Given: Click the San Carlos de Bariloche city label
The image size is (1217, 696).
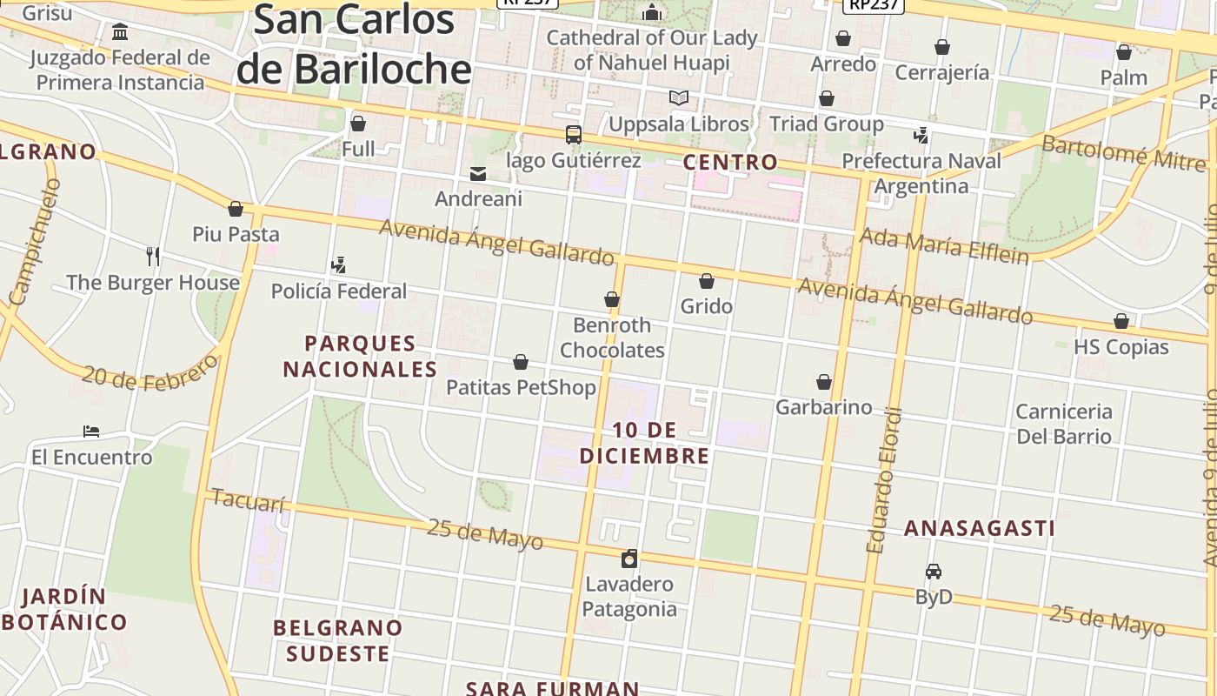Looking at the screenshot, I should [x=354, y=45].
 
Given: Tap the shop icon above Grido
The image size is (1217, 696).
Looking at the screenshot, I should [x=707, y=281].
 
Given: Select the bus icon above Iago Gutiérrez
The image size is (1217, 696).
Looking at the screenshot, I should [x=573, y=135].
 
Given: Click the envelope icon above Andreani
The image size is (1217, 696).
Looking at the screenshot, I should [x=478, y=174].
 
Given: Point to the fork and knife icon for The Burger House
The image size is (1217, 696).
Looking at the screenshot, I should [x=153, y=256].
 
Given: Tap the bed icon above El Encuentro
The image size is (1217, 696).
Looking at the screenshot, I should [x=91, y=432].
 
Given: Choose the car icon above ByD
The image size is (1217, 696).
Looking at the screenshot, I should [x=934, y=572].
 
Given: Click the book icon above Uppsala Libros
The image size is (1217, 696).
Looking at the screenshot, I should [x=678, y=98].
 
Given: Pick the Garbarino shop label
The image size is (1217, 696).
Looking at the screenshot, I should [x=823, y=407].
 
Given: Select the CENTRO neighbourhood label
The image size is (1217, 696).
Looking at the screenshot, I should [x=730, y=162].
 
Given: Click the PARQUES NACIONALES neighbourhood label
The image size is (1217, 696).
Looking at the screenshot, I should [x=360, y=356].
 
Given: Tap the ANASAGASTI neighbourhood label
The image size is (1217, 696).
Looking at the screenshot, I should [x=980, y=528].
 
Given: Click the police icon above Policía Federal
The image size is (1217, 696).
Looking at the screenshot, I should [x=338, y=264].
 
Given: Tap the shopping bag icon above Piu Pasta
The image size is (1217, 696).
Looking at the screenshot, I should [x=235, y=209].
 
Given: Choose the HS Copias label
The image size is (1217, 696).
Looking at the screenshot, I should [x=1121, y=346].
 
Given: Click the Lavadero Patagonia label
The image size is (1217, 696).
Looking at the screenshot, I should [x=629, y=596].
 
